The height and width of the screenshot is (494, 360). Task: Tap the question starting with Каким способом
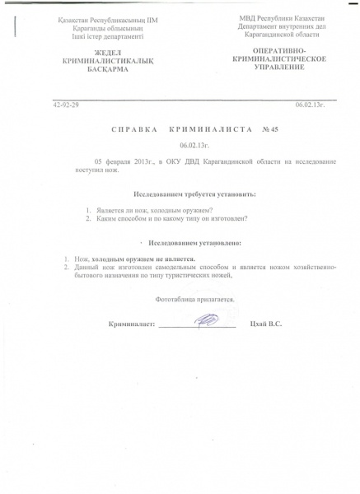[171, 218]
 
